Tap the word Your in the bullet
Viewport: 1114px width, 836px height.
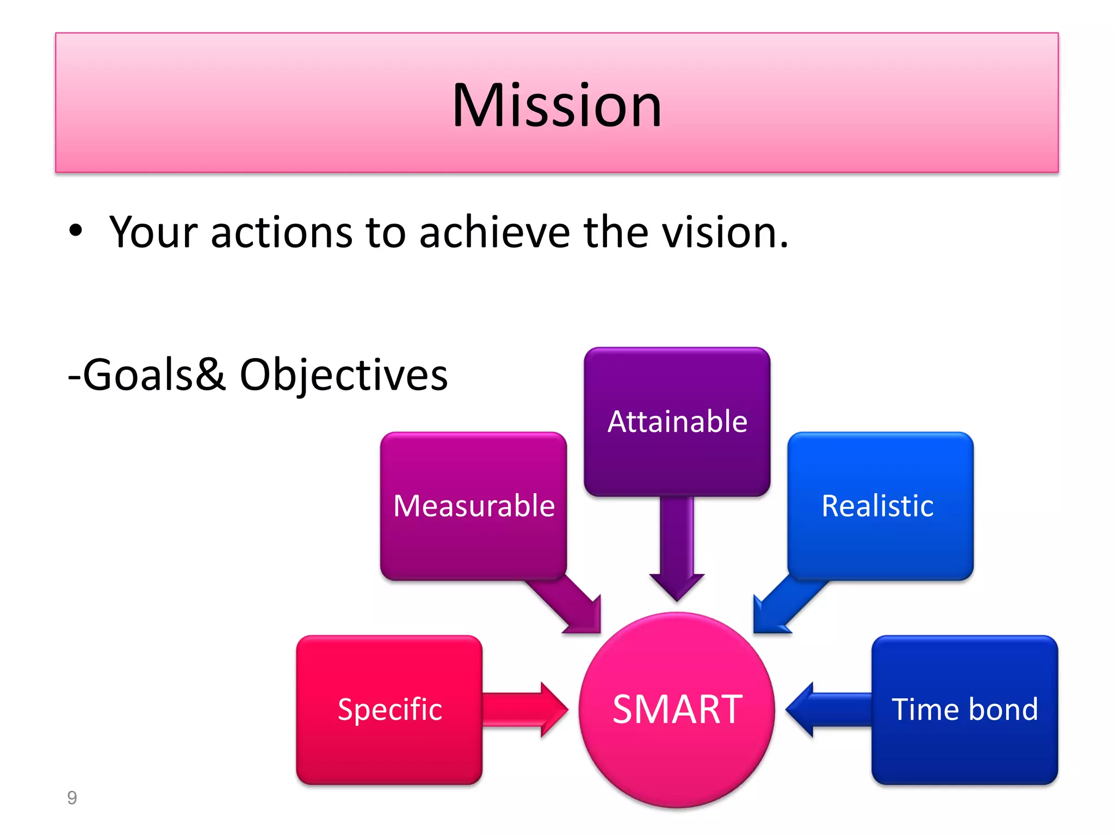153,232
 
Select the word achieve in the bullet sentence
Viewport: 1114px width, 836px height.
494,232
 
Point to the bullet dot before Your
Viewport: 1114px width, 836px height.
76,231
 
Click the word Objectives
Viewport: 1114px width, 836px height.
344,375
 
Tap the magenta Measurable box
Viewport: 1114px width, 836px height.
473,506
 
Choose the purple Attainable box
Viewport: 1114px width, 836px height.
677,422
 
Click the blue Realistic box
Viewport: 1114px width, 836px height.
880,506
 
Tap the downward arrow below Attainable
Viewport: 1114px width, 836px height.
677,550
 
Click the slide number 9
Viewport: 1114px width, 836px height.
72,798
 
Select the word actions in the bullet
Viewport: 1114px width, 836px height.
282,232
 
